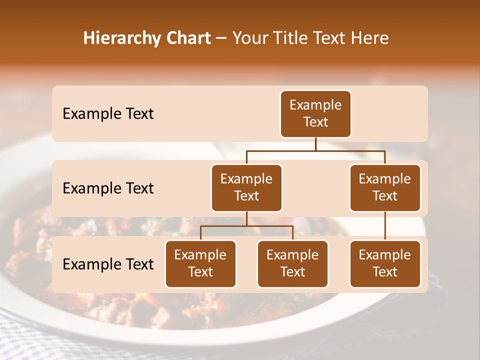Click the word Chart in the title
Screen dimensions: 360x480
pos(187,38)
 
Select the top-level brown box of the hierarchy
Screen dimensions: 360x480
pos(315,114)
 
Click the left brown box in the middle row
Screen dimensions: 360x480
pos(246,188)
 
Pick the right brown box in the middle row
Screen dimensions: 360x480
pos(385,188)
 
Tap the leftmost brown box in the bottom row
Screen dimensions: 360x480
pos(200,264)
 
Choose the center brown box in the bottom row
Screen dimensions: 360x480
pos(292,264)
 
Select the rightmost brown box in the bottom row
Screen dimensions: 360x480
pos(385,264)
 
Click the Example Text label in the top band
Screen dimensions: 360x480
pos(108,114)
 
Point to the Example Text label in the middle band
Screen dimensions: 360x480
pos(108,188)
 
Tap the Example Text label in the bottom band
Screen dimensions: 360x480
pos(108,264)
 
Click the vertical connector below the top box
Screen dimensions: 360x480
pos(315,144)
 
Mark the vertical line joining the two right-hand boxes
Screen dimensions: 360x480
pos(385,226)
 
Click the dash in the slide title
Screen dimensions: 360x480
pos(221,39)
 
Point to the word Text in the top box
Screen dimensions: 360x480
pos(315,122)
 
